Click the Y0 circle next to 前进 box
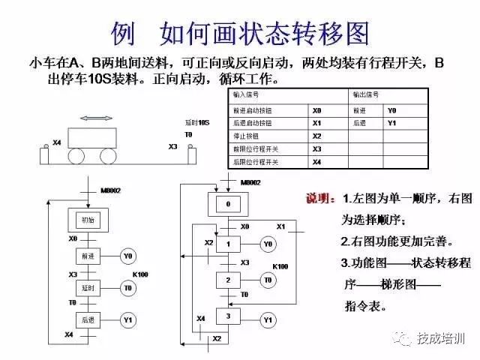click(127, 256)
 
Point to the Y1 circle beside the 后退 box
click(127, 320)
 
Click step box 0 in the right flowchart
click(228, 204)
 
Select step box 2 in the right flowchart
click(228, 280)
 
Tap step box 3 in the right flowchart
click(228, 316)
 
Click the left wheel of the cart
click(78, 155)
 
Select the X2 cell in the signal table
click(316, 136)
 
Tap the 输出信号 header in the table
click(367, 96)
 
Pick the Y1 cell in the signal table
click(391, 122)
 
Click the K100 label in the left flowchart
click(141, 275)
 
